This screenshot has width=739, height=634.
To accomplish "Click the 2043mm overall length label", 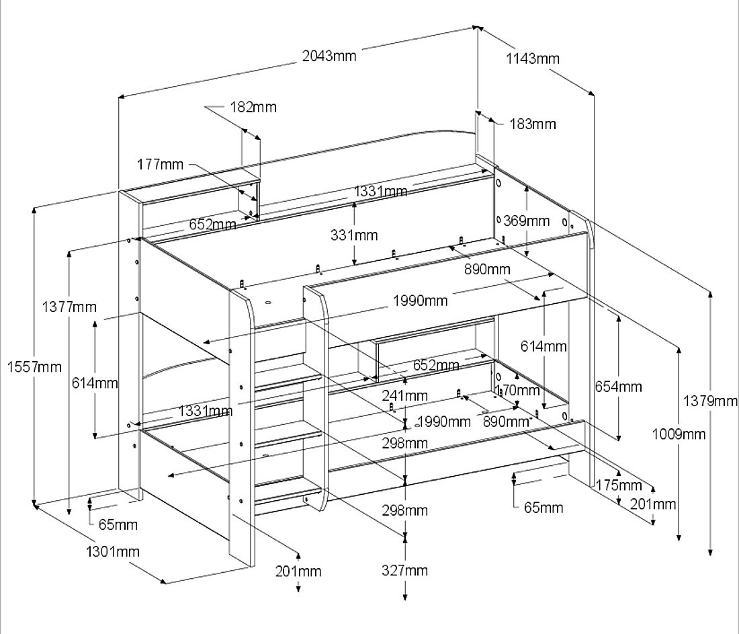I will coord(329,56).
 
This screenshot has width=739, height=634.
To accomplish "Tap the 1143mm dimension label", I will coord(532,58).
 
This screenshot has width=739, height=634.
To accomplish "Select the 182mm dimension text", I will coord(253,107).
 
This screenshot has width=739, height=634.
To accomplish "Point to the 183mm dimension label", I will coord(533,124).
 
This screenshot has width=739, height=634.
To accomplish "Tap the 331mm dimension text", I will coord(354,235).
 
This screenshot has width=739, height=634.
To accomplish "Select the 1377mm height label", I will coord(69,307).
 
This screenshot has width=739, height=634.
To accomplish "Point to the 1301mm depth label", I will coord(113,552).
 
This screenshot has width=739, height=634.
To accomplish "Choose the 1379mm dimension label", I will coord(711,401).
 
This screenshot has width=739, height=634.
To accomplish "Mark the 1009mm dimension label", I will coord(679,434).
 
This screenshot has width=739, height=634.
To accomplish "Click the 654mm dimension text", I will coord(618,387).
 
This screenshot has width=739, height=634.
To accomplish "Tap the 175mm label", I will coord(619,485).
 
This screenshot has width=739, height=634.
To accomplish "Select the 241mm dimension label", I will coord(405,395).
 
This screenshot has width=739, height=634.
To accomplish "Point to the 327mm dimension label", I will coord(405,570).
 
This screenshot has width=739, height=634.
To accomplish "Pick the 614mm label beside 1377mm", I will coord(95,383).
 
